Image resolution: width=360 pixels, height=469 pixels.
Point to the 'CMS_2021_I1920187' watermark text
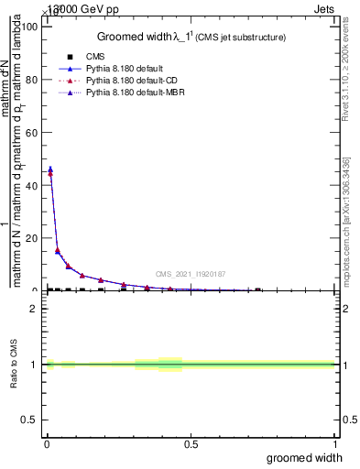(x=190, y=273)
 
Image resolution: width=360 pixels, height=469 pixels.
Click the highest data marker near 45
(x=50, y=169)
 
